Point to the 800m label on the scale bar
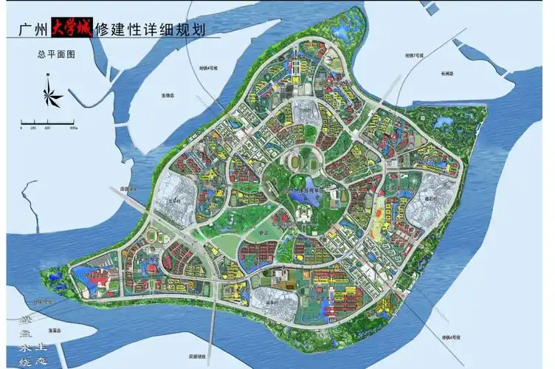coord(74,128)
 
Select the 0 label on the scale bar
coord(21,128)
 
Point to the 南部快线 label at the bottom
coord(218,356)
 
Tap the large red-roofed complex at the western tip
coord(94,277)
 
